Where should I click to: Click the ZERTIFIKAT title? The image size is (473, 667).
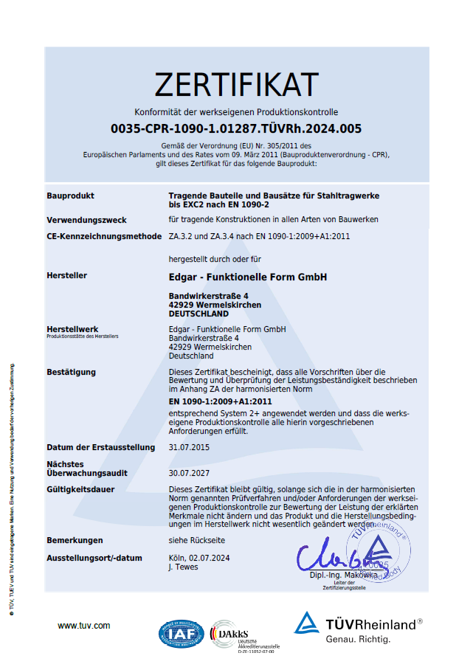pyautogui.click(x=236, y=85)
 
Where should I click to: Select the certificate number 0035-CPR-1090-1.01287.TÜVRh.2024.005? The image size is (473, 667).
pyautogui.click(x=236, y=128)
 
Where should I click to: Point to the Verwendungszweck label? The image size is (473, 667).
pyautogui.click(x=86, y=220)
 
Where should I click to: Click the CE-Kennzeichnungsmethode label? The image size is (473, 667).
pyautogui.click(x=104, y=236)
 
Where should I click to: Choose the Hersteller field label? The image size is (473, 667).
pyautogui.click(x=66, y=275)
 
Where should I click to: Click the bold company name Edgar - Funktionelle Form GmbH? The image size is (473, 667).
pyautogui.click(x=247, y=277)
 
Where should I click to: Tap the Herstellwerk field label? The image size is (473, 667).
pyautogui.click(x=72, y=329)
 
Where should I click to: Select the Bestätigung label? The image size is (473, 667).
pyautogui.click(x=71, y=372)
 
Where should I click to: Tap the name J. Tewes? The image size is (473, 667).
pyautogui.click(x=183, y=567)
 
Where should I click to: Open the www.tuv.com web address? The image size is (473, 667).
pyautogui.click(x=83, y=626)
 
